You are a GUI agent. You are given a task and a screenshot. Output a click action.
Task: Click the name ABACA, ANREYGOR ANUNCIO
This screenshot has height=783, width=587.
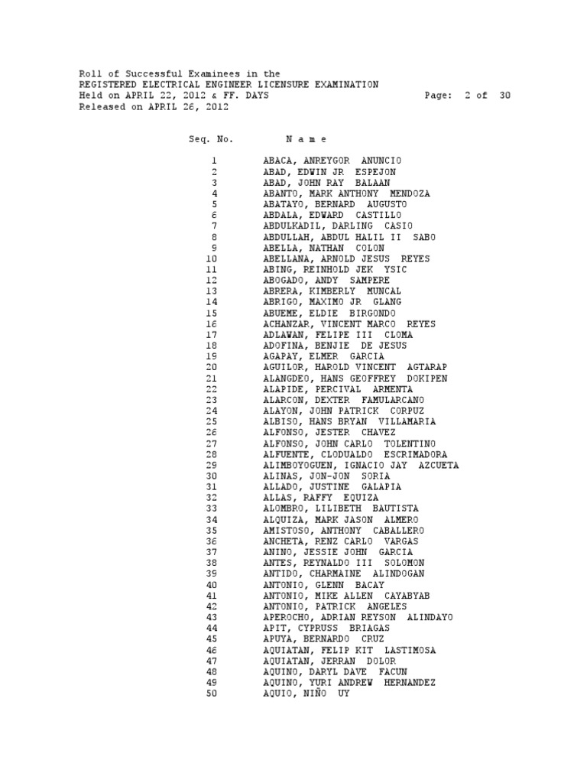coord(332,161)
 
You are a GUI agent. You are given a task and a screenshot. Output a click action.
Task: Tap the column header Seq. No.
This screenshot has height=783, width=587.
coord(211,139)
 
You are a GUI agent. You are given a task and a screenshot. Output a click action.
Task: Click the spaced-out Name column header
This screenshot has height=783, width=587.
coord(306,139)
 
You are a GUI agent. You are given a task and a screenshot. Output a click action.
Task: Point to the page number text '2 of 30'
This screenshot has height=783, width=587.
coord(487,96)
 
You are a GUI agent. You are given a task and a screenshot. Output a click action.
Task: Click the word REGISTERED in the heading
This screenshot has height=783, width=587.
coord(109,85)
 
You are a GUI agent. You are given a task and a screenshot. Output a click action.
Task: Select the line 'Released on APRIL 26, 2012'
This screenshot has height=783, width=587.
coord(154,107)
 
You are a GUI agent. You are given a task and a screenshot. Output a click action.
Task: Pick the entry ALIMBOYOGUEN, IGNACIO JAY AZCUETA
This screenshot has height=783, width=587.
coord(361,465)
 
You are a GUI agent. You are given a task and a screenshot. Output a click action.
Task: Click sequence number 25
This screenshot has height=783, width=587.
coord(212,421)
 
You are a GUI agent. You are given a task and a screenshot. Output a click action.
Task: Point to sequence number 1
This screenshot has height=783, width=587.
coord(216,161)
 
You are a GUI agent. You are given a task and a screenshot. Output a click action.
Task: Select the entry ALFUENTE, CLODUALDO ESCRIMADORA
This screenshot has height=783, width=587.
coord(355,454)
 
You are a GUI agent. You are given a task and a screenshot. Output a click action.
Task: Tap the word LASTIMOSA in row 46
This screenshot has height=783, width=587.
coord(406,650)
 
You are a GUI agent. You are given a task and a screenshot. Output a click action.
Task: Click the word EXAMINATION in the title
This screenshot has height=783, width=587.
coord(346,85)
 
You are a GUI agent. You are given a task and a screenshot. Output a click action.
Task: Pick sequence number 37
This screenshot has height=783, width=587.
coord(212,552)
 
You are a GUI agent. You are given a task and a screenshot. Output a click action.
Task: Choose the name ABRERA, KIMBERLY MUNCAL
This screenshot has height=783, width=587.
coord(332,291)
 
